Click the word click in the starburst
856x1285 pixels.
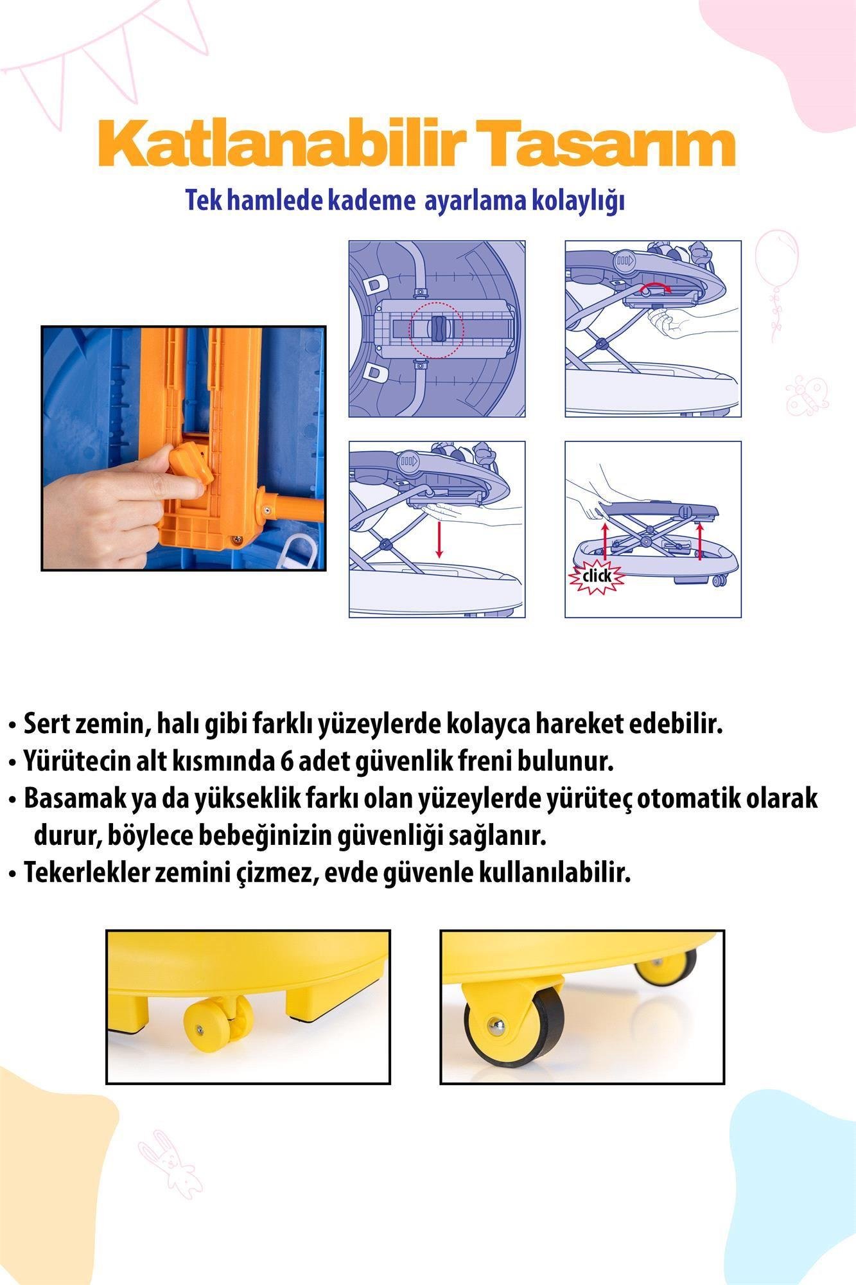click(597, 574)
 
